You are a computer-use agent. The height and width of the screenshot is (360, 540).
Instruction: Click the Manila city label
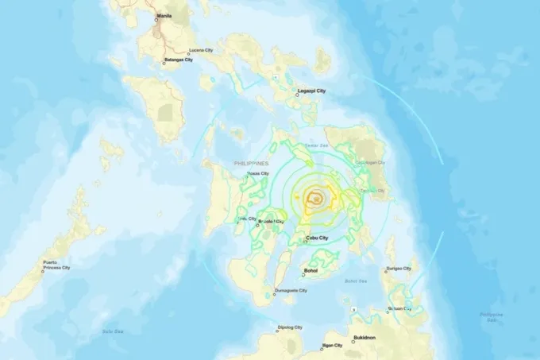[164, 15]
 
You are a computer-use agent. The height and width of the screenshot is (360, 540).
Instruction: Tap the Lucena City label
[201, 50]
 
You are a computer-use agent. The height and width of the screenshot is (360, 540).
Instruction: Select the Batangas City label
[179, 60]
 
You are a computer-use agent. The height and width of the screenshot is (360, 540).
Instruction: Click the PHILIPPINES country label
[251, 163]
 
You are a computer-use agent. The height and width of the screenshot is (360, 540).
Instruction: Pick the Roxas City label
[258, 173]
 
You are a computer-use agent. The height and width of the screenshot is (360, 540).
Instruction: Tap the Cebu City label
[318, 237]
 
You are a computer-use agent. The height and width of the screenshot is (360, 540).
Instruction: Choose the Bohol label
[310, 271]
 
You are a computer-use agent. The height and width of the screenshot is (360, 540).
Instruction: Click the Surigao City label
[398, 269]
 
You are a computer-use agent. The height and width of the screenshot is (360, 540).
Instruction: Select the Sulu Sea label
[111, 331]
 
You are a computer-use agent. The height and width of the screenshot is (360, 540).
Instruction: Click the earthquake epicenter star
[316, 199]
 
